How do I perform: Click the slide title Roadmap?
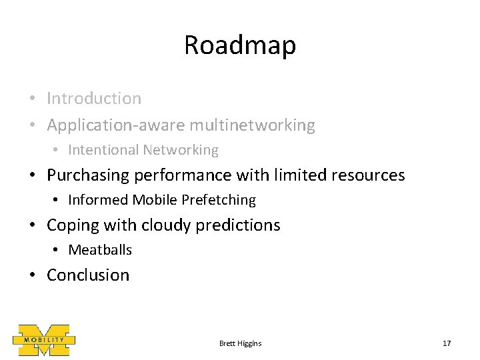240,45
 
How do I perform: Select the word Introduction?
94,99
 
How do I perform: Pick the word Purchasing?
89,175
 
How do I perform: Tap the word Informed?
98,200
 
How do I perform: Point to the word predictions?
239,225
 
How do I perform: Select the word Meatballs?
100,250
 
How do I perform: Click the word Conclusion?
88,275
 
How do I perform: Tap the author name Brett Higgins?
240,343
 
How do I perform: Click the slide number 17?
447,343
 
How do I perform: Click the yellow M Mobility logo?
44,339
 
